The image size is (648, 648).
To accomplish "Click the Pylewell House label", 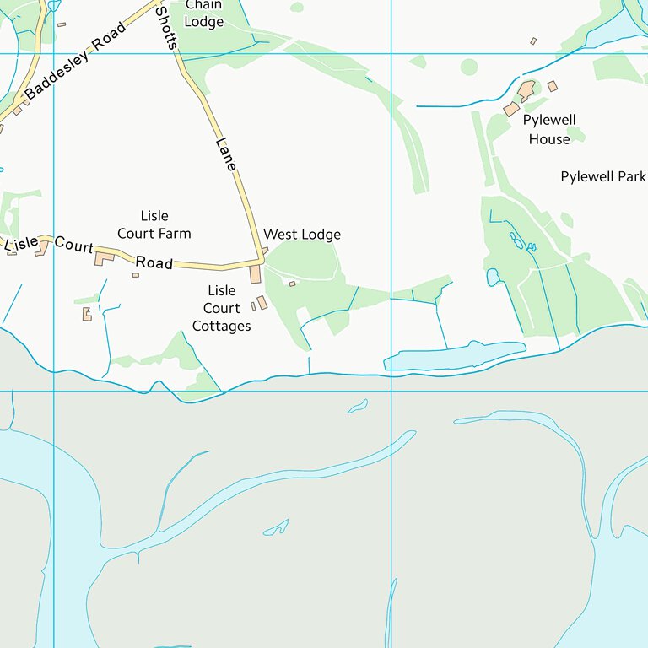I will (x=549, y=129).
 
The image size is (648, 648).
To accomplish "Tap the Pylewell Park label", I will (x=603, y=176).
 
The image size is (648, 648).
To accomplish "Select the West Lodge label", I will (x=302, y=234).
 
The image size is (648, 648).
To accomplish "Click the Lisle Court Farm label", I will (x=154, y=224).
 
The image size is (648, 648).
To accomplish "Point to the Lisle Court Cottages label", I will (x=222, y=308).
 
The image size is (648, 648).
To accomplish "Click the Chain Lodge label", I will (x=203, y=13).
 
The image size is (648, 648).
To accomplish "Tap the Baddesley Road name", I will (x=74, y=62).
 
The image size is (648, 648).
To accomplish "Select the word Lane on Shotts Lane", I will (x=226, y=154).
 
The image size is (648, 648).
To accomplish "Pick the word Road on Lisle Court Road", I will (x=154, y=262).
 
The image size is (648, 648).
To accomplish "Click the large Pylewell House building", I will (x=526, y=89).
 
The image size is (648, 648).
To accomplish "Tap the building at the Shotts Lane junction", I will (x=256, y=274).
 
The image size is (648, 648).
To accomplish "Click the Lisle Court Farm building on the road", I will (x=104, y=257).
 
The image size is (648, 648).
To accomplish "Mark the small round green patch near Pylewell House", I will (x=469, y=67).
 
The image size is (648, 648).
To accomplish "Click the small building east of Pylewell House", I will (x=553, y=86).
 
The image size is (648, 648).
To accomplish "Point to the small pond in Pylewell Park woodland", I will (x=493, y=277).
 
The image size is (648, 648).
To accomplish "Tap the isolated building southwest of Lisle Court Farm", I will (x=86, y=314).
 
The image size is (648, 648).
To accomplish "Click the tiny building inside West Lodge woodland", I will (x=293, y=283).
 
